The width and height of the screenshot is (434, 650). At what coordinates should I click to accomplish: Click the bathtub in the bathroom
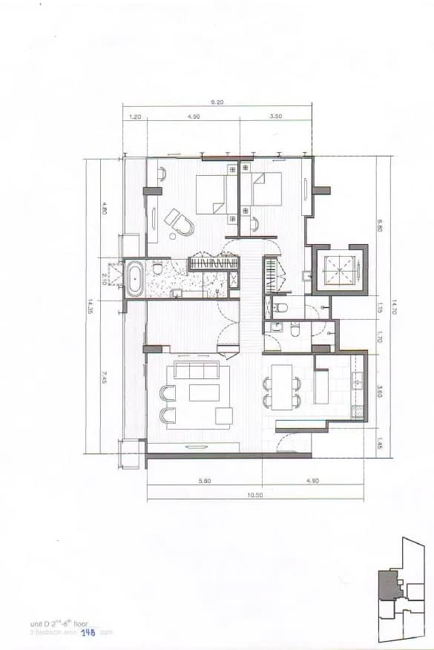click(x=135, y=279)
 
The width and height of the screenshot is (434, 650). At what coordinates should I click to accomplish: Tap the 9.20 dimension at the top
click(x=217, y=103)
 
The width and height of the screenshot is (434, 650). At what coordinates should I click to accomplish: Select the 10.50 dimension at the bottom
click(x=254, y=491)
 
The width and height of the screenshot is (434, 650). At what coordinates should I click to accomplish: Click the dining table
click(x=283, y=386)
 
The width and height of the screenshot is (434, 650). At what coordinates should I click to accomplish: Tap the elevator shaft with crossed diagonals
click(x=338, y=268)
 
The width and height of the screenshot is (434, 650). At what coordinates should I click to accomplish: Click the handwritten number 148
click(x=89, y=632)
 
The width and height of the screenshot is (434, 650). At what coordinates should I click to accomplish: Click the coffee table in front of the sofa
click(x=203, y=392)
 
